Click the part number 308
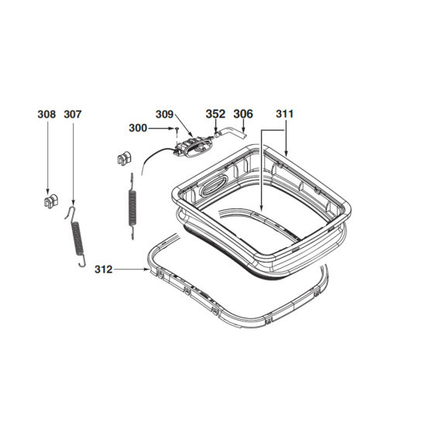(46, 114)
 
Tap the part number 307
(73, 114)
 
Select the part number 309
(164, 114)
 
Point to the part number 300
(138, 128)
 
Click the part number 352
(215, 114)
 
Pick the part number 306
(243, 114)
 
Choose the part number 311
(285, 114)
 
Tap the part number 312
(103, 270)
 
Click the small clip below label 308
(51, 201)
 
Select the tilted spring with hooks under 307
(77, 237)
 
